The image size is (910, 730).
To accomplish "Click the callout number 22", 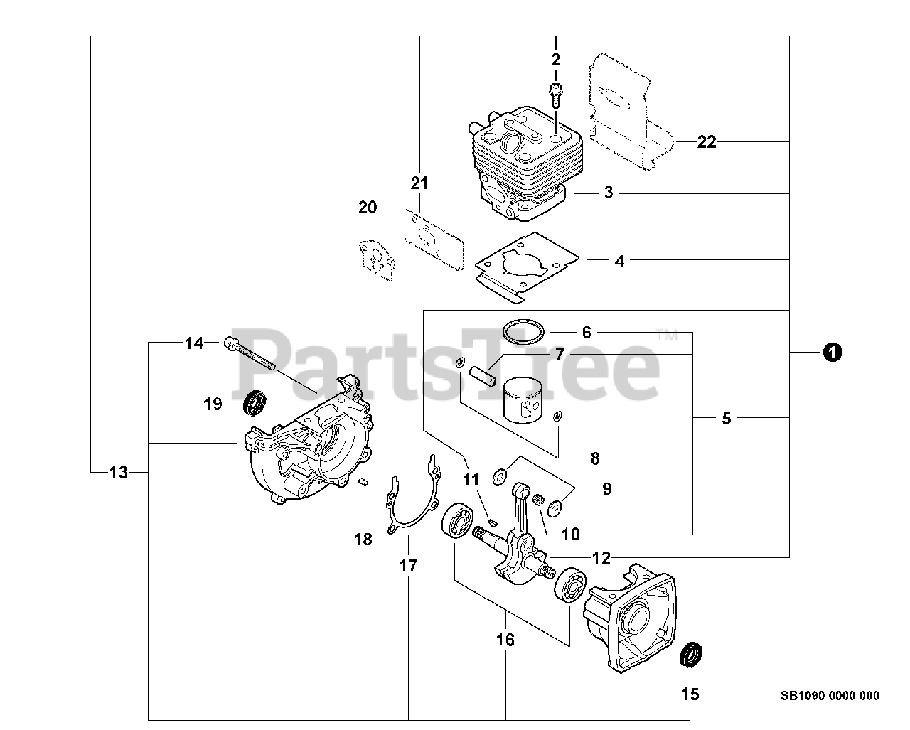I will click(x=706, y=142).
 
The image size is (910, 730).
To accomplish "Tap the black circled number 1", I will click(x=833, y=351).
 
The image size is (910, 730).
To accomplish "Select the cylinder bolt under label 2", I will click(x=555, y=95).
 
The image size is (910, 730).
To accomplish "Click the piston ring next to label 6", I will click(x=523, y=331).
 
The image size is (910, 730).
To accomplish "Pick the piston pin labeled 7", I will click(x=481, y=375).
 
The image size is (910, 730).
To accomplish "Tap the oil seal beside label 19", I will click(x=254, y=403).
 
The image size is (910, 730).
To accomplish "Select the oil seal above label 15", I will click(x=690, y=655).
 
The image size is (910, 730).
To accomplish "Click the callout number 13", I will click(x=119, y=471).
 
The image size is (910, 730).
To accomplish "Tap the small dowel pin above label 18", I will click(x=362, y=481).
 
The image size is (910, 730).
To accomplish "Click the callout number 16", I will click(x=505, y=640).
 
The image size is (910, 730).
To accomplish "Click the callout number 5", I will click(x=726, y=419).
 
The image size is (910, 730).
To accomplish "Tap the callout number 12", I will click(x=601, y=558).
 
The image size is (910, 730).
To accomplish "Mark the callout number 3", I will click(x=609, y=193).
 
